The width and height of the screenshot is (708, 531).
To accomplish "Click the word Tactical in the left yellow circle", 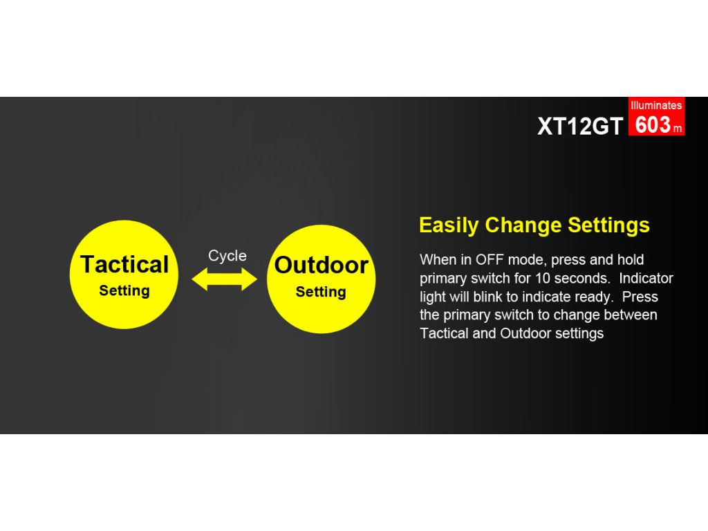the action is (124, 264).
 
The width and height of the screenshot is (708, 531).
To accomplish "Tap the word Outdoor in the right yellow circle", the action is (321, 265).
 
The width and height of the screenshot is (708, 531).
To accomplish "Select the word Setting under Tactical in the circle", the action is (124, 291).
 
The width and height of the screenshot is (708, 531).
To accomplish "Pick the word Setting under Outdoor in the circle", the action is (321, 292).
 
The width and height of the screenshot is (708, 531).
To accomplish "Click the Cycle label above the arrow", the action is (227, 256).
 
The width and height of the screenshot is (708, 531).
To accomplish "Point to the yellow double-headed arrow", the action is (225, 279).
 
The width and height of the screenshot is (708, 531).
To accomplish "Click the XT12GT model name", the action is (580, 126).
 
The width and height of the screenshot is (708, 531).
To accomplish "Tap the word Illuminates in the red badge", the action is (656, 105).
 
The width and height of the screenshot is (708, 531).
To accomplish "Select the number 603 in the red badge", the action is (653, 124).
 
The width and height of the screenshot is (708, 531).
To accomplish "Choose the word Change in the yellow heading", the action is (523, 225).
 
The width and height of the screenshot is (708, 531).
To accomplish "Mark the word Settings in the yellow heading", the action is (608, 225).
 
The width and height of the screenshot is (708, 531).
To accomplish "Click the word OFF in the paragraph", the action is (490, 260).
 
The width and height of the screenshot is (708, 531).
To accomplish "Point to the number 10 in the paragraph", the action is (542, 278).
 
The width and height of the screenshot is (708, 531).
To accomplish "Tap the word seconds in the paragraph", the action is (581, 278).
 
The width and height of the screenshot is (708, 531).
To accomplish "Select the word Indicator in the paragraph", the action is (646, 278).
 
